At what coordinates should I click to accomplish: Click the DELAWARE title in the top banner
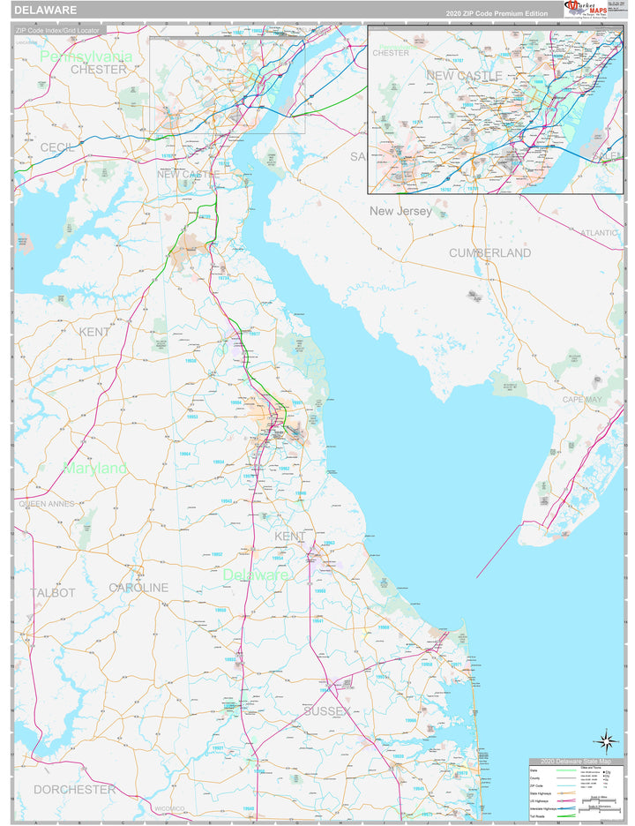coord(45,11)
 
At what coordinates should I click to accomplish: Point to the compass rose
coord(605,740)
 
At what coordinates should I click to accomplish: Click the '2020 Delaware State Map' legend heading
coord(575,762)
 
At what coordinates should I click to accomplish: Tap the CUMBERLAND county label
coord(489,253)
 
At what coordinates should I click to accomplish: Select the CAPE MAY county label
coord(582,400)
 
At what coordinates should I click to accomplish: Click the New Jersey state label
coord(400,212)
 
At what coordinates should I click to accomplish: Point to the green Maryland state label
coord(95,468)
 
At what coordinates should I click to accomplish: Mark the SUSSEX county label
coord(326,710)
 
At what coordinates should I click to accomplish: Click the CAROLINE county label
coord(138,588)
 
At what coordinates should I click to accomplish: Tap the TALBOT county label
coord(53,593)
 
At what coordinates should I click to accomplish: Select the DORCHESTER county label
coord(74,789)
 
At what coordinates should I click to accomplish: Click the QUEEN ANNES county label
coord(47,504)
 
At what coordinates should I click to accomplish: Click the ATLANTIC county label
coord(600,232)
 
